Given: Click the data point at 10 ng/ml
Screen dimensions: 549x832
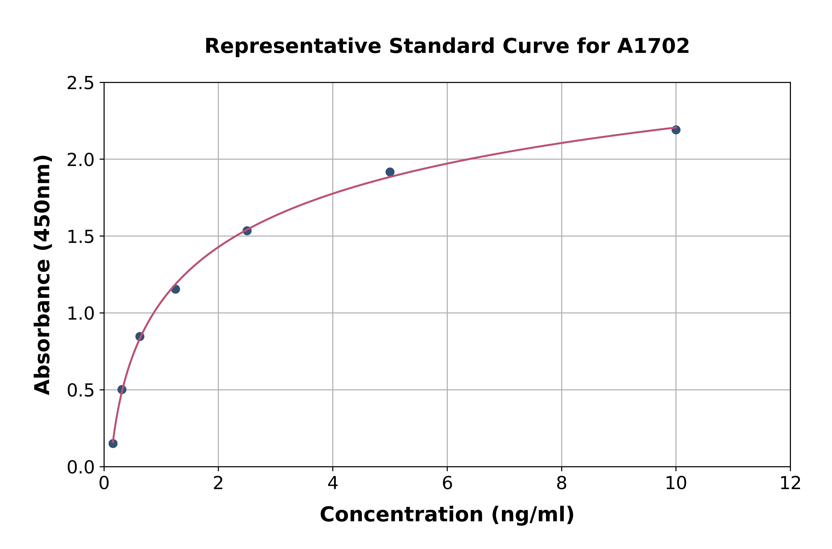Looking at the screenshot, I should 676,130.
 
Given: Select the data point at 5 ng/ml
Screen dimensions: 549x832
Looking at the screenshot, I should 390,172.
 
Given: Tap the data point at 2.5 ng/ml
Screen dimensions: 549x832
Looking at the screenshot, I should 247,231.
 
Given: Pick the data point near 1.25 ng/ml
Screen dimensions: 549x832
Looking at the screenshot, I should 175,289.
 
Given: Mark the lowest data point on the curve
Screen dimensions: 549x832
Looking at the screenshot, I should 113,444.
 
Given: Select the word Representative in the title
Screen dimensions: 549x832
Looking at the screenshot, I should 293,46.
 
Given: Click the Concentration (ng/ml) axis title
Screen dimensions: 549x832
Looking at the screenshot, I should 447,515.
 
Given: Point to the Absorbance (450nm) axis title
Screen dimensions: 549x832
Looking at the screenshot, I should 43,275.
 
